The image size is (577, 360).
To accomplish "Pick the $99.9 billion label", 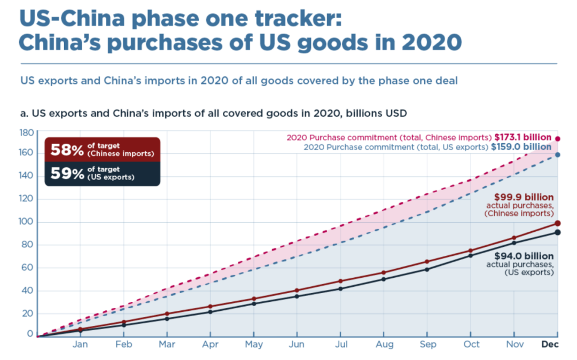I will point(524,197).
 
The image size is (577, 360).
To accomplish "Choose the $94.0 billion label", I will point(524,256).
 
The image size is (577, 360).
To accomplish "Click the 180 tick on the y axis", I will point(27,132).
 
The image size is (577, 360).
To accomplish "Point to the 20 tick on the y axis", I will point(27,313).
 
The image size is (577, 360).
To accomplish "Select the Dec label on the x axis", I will point(550,345).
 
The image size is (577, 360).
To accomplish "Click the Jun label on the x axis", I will point(297,345).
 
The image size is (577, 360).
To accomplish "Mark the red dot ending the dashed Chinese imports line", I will point(558,139).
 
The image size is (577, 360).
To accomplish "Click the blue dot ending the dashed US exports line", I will point(558,155).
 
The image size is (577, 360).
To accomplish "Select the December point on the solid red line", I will point(558,223).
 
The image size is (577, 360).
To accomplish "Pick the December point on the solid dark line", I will point(558,232).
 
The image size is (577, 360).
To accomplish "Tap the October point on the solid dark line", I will point(470,255).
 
